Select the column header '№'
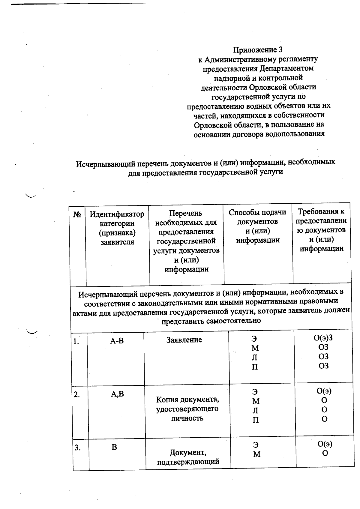pos(77,215)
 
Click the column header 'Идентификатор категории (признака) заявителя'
pos(117,228)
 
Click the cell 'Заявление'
pos(184,340)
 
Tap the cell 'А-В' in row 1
pos(117,341)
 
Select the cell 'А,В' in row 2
pos(117,394)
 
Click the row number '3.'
pos(78,448)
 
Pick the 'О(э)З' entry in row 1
pos(323,338)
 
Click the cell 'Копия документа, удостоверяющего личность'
pos(187,409)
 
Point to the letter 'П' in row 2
pos(255,420)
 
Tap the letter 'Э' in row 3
pos(255,445)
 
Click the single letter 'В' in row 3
pos(114,447)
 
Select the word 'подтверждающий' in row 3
pos(188,462)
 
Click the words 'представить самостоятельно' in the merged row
pos(211,321)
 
